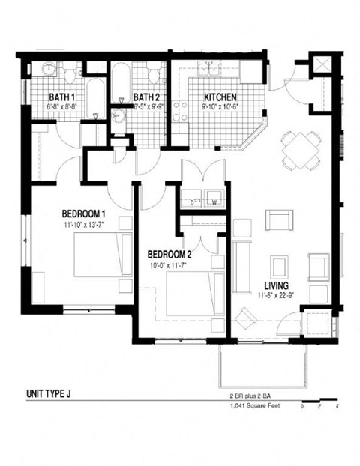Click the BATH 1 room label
pos(62,97)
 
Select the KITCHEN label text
pos(220,97)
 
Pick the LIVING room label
pos(277,285)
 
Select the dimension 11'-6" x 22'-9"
pos(277,296)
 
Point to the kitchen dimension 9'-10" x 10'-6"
pos(220,107)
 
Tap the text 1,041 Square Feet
pos(254,406)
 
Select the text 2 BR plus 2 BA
pos(253,394)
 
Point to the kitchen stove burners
pos(180,112)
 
